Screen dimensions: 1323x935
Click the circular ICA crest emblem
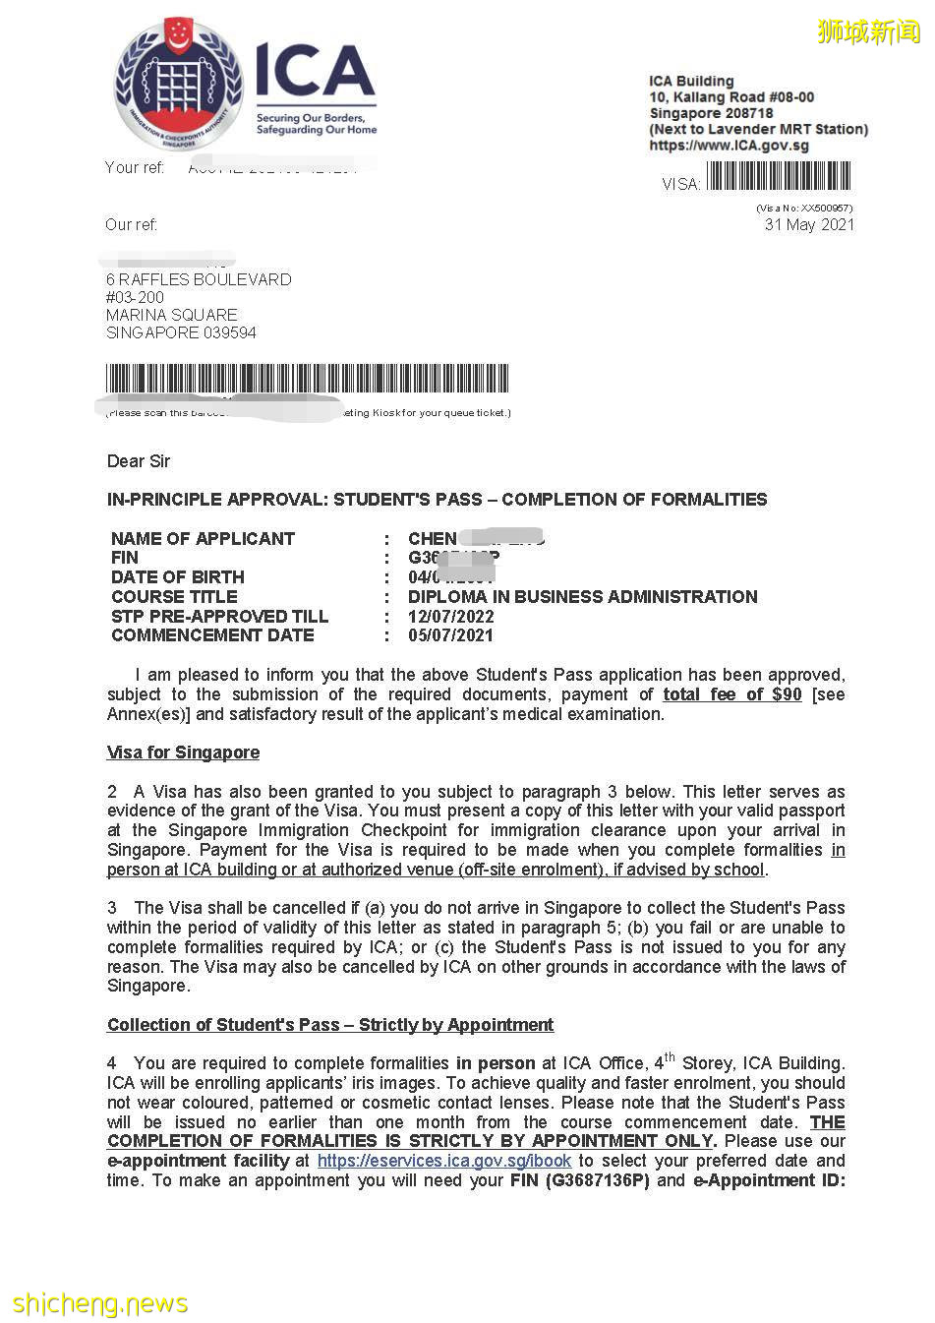(178, 85)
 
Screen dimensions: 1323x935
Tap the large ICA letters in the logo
(315, 72)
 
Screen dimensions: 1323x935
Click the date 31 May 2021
(809, 224)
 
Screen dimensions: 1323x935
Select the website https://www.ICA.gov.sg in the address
(729, 146)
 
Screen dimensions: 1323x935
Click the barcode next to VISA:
(779, 177)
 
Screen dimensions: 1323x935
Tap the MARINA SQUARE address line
(172, 315)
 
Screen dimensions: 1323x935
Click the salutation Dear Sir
(139, 461)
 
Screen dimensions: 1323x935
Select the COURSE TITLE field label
(174, 597)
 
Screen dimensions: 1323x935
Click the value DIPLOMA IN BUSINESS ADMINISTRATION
(582, 597)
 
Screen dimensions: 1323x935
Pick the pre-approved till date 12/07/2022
(450, 617)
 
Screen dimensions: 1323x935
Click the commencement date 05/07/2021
(450, 635)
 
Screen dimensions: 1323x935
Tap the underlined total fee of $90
(731, 694)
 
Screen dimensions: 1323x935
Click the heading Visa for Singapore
(183, 752)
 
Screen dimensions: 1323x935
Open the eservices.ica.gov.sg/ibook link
(443, 1161)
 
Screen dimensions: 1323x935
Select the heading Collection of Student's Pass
(330, 1025)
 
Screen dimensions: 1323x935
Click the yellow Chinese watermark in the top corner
(868, 31)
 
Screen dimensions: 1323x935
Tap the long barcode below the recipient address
(307, 379)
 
